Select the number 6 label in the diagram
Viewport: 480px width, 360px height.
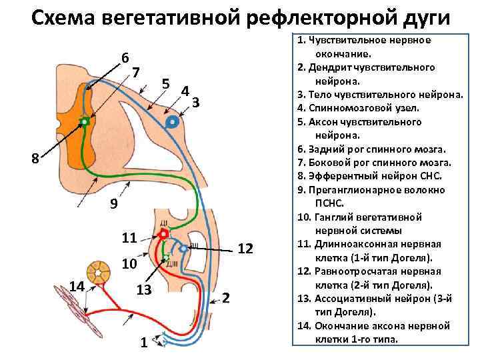coord(125,57)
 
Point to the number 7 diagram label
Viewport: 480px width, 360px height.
coord(136,72)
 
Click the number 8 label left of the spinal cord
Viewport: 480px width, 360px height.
coord(35,159)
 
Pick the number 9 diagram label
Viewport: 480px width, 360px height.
coord(114,205)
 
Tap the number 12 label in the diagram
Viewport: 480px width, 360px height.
coord(245,249)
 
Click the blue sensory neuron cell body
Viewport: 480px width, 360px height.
coord(173,122)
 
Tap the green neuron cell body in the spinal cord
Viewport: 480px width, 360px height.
coord(85,121)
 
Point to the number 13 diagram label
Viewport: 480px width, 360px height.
coord(144,290)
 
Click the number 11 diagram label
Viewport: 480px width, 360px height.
coord(129,237)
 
